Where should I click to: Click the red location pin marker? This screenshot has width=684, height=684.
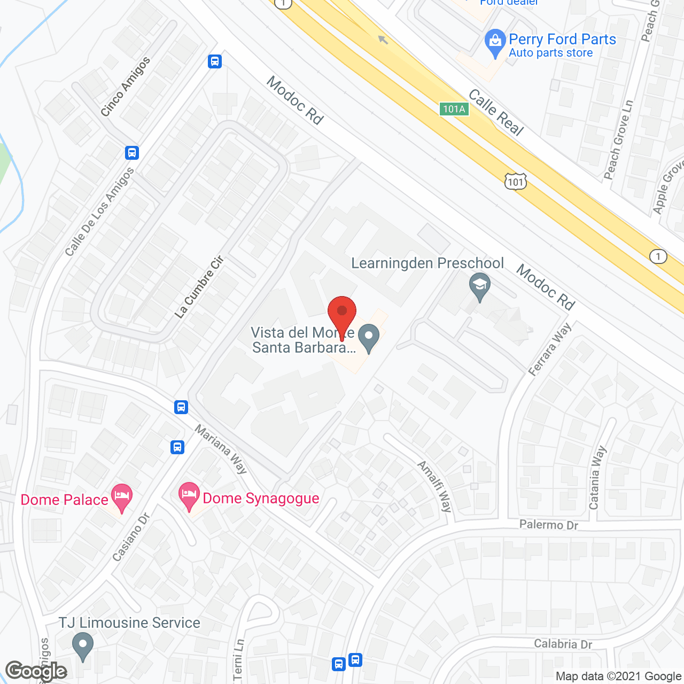[341, 315]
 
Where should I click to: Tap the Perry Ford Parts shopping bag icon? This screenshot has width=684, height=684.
[495, 43]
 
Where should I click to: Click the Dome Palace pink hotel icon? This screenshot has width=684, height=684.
[121, 497]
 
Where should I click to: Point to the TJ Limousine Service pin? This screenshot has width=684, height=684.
[82, 646]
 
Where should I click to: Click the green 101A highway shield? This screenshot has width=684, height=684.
[454, 109]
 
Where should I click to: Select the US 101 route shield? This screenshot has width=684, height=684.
[516, 182]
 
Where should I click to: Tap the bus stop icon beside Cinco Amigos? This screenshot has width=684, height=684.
[215, 61]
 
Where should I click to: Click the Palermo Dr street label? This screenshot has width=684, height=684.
[548, 525]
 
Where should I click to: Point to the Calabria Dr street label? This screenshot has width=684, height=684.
[563, 644]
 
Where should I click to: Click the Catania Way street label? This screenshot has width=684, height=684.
[597, 478]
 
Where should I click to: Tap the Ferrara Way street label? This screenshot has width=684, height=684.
[550, 350]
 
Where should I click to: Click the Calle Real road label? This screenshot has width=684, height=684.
[496, 112]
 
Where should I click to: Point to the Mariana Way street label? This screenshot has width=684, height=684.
[221, 449]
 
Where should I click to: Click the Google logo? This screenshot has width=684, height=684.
[36, 671]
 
